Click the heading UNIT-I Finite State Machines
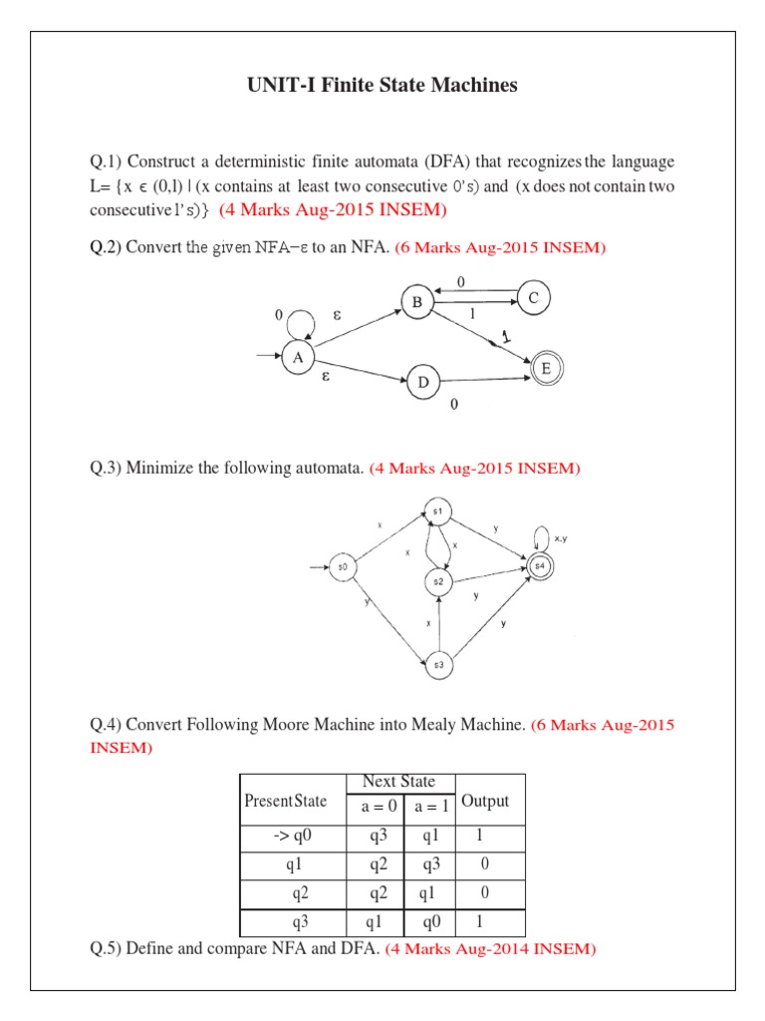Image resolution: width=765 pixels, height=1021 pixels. point(382,86)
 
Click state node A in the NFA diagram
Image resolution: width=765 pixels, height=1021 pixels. point(297,357)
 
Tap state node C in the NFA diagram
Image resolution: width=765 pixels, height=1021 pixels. point(534,297)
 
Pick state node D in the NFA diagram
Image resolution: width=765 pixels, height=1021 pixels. point(423,382)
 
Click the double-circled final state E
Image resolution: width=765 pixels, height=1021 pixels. point(546,368)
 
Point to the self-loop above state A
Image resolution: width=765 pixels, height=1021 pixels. point(300,321)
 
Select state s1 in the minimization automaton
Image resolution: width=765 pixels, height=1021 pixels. point(437,511)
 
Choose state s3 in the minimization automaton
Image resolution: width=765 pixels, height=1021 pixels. point(438,665)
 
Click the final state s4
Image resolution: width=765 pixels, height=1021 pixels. point(539,566)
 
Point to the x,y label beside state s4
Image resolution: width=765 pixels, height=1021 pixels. point(561,538)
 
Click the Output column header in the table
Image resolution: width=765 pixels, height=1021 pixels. point(485,801)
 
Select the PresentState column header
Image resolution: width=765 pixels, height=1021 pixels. point(285,801)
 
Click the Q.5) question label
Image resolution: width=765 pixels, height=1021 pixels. point(105,949)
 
